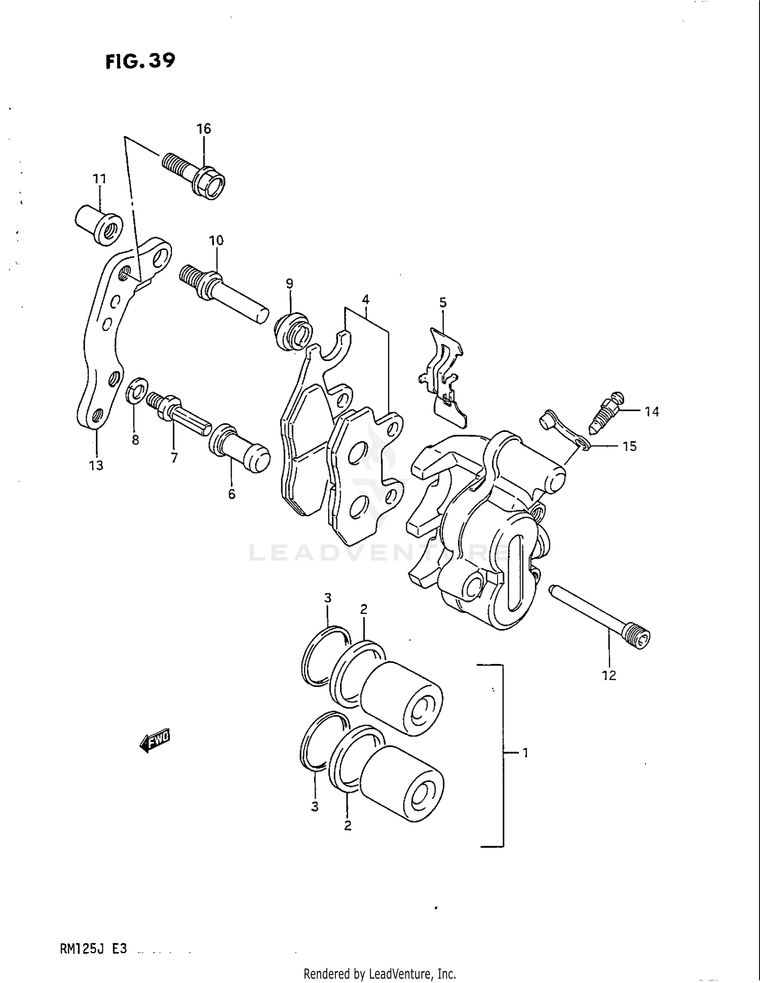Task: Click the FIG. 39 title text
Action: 140,61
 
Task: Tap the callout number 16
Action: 204,129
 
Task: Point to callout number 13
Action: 96,465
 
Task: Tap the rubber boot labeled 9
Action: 293,332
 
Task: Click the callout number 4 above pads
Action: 365,299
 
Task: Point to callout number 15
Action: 629,446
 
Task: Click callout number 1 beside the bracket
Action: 525,753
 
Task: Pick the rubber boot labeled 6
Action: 239,448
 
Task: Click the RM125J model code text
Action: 93,949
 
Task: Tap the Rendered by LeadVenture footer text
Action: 379,973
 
